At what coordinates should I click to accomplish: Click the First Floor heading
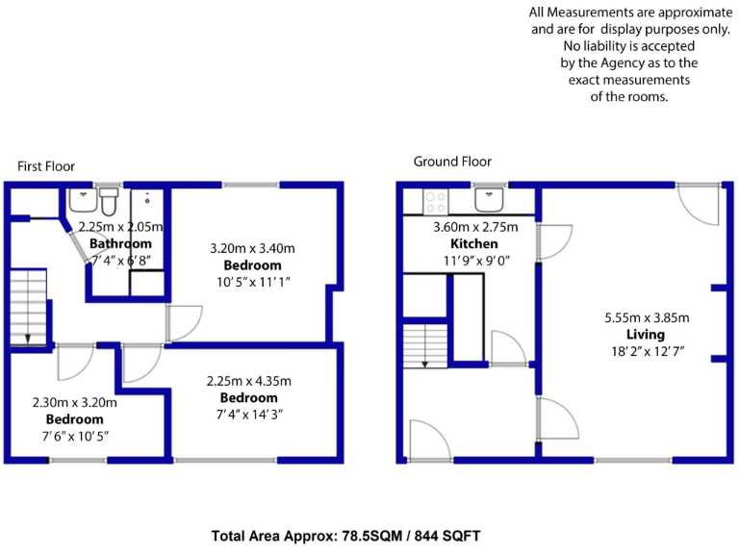point(46,166)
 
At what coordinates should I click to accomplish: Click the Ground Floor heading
point(452,162)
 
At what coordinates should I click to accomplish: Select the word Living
point(645,334)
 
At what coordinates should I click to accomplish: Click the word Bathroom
point(120,243)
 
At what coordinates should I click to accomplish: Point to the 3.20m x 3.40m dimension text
point(252,248)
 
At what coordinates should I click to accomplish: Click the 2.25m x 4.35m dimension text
point(249,381)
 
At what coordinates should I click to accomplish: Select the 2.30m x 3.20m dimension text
point(74,403)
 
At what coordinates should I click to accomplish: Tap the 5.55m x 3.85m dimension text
point(647,317)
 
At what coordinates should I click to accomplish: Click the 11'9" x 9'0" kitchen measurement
point(475,260)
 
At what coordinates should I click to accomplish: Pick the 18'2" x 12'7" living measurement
point(646,351)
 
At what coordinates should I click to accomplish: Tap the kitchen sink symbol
point(489,198)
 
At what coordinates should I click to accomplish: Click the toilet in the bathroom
point(108,203)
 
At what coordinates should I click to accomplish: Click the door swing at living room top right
point(698,202)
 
